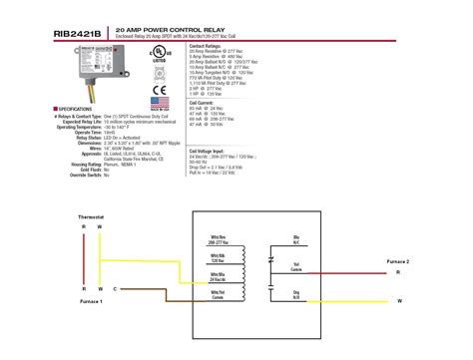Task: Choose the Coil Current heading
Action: [203, 129]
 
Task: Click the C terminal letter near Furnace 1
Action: [115, 288]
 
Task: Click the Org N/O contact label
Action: [296, 294]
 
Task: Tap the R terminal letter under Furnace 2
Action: [398, 271]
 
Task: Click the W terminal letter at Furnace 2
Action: [398, 300]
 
